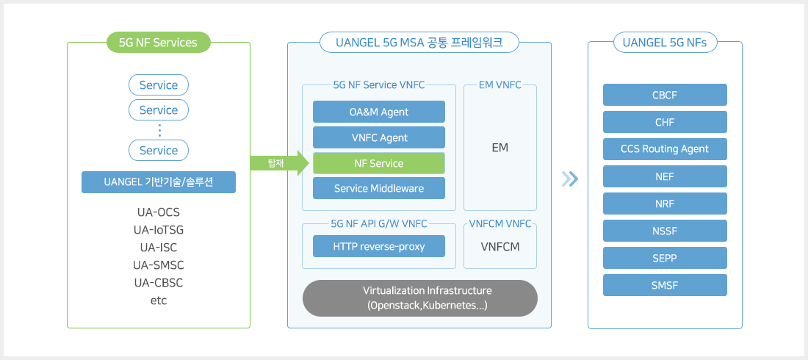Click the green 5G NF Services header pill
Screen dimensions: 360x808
158,43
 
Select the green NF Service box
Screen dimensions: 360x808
378,163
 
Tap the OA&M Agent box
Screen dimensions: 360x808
378,112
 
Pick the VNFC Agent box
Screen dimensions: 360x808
378,137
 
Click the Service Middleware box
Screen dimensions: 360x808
378,188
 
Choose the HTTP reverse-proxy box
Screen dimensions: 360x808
378,246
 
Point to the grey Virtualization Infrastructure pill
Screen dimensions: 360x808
419,298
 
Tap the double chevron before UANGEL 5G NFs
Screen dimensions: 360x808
569,179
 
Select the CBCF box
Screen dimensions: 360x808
665,95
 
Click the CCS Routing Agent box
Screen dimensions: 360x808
665,149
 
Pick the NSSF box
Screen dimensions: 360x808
665,231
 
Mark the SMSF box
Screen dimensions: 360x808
665,285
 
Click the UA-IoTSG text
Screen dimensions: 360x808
158,230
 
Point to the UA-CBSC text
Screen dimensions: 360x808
158,283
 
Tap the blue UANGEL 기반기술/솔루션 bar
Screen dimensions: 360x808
158,182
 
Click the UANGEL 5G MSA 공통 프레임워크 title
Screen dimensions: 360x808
419,43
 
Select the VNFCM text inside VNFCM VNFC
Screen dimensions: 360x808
500,247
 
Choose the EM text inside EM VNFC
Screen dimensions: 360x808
500,148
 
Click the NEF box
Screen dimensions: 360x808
665,176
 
